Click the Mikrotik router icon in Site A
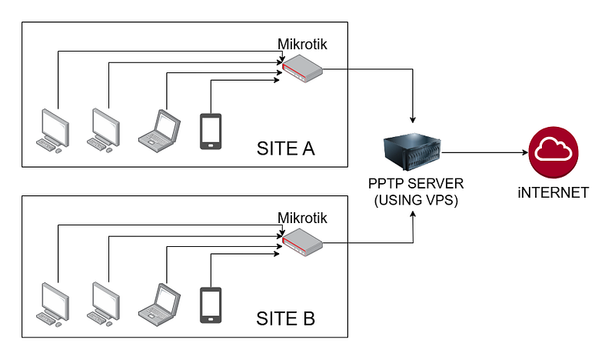coord(302,71)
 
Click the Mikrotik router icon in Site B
coord(302,245)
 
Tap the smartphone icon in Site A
coord(211,131)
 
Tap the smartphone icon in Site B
coord(211,304)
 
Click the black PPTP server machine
coord(413,152)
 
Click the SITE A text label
coord(285,147)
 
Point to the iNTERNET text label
coord(553,192)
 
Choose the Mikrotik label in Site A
coord(302,45)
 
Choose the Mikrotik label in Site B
coord(302,218)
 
